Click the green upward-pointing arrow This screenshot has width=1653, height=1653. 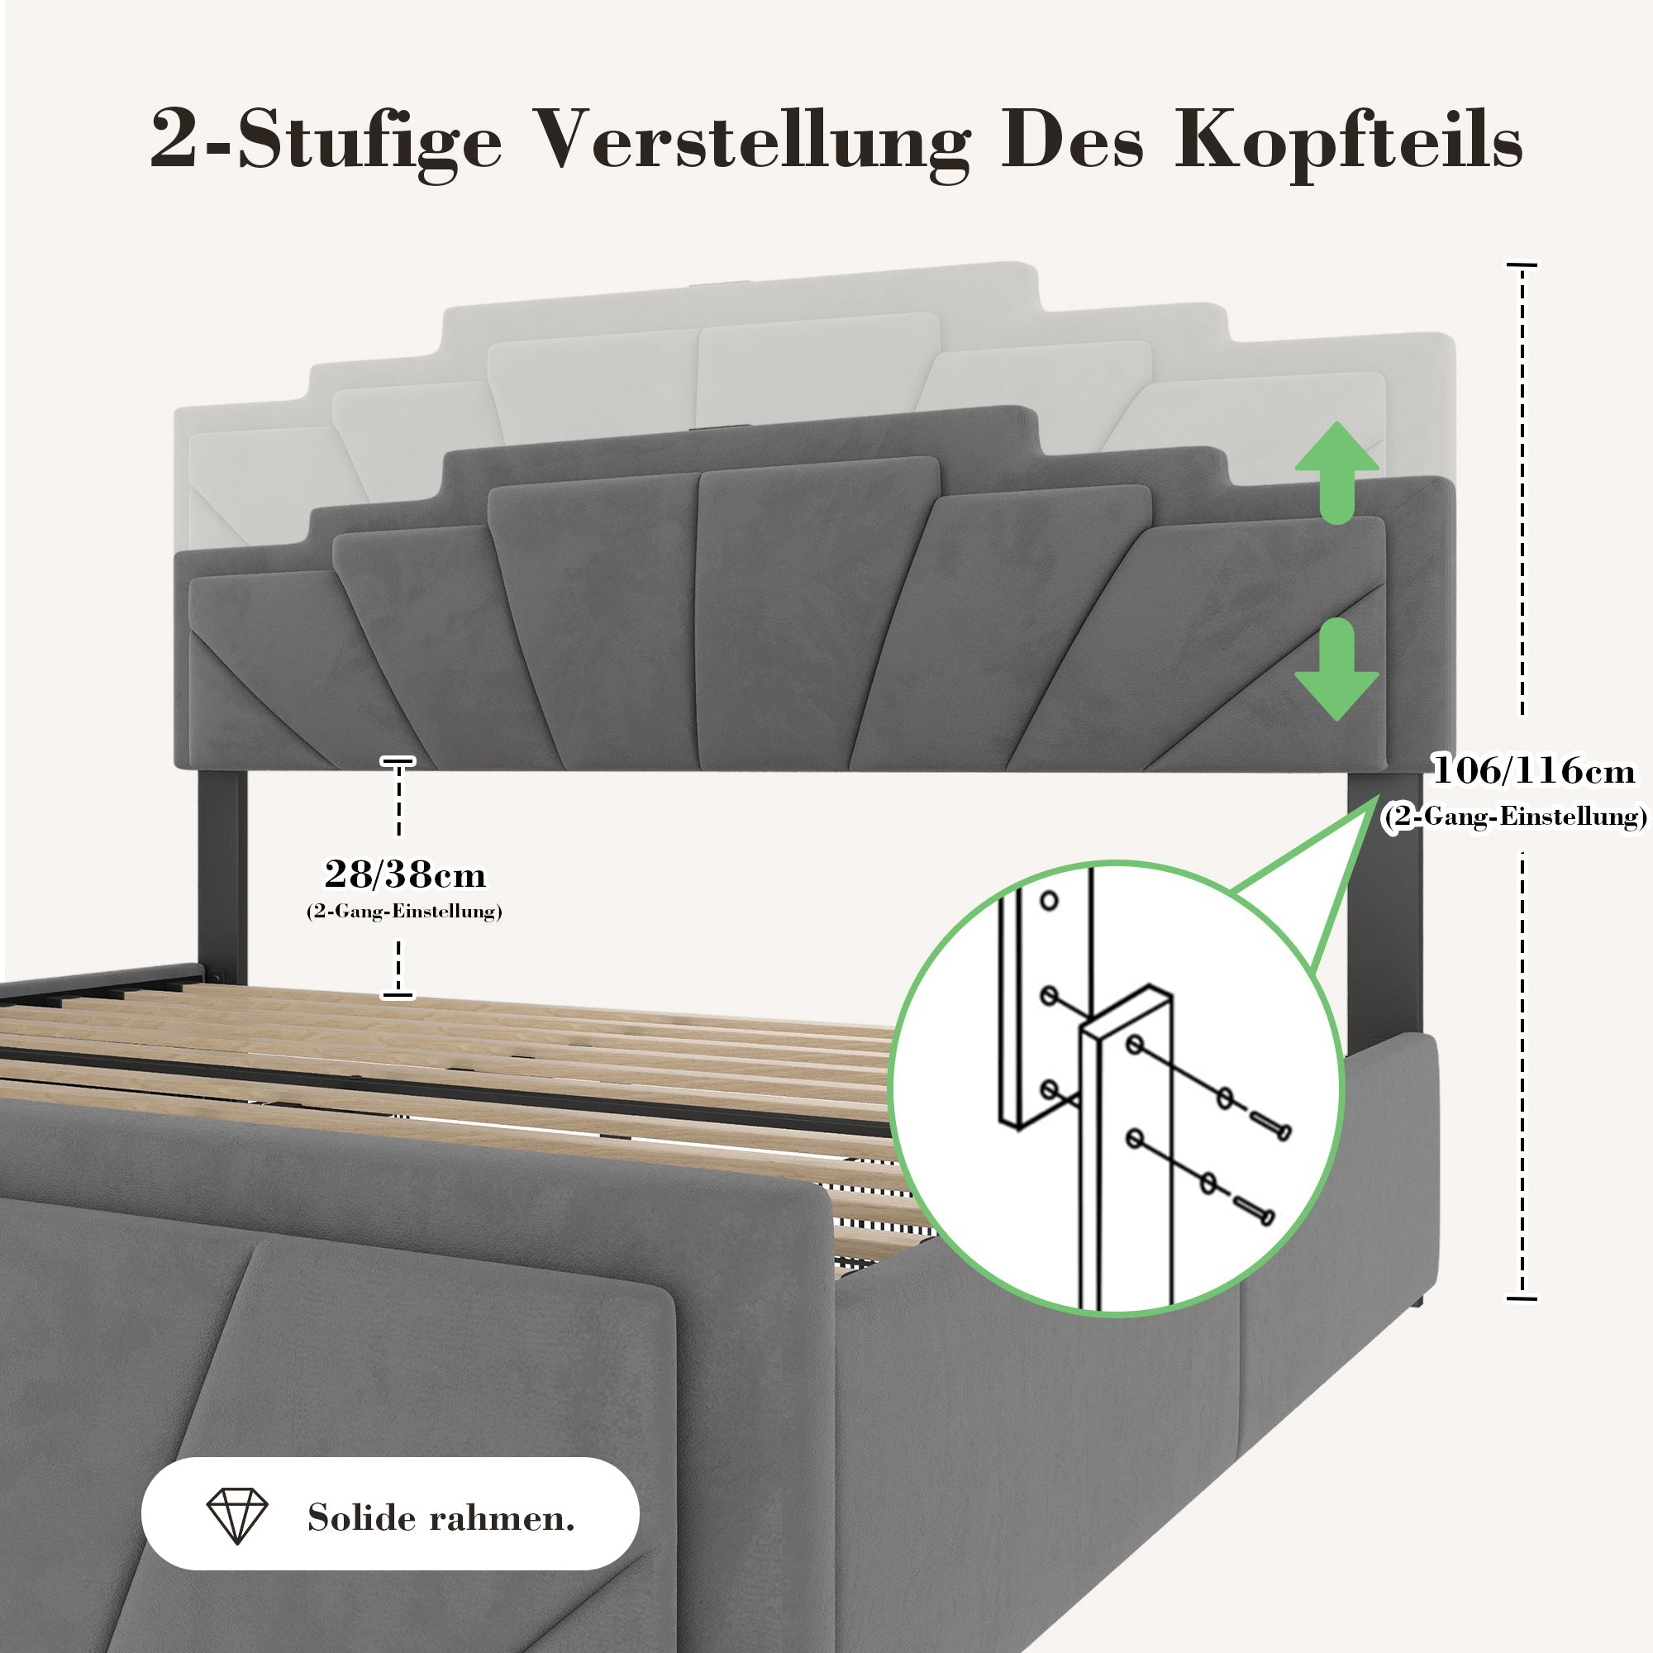pos(1336,473)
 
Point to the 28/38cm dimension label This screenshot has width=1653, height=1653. pos(405,874)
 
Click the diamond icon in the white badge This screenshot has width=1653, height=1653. pos(237,1517)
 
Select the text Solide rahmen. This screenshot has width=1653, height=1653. pos(441,1517)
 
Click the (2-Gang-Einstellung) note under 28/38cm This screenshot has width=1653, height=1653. pos(404,911)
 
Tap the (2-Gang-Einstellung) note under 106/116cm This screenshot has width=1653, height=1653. pos(1514,817)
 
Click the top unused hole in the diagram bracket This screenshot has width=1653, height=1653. pos(1050,901)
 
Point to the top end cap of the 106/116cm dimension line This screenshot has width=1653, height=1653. pos(1522,265)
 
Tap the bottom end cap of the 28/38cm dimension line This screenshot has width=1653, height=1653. pos(398,994)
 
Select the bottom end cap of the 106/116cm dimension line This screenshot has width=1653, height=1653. pos(1522,1298)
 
